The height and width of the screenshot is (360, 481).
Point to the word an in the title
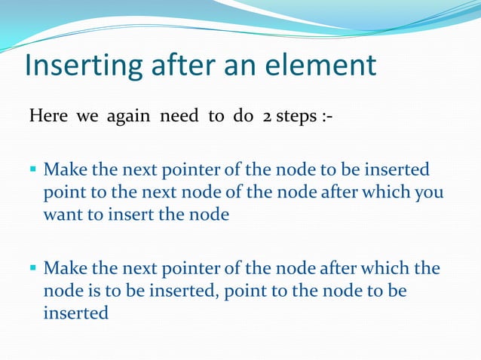pyautogui.click(x=240, y=66)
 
